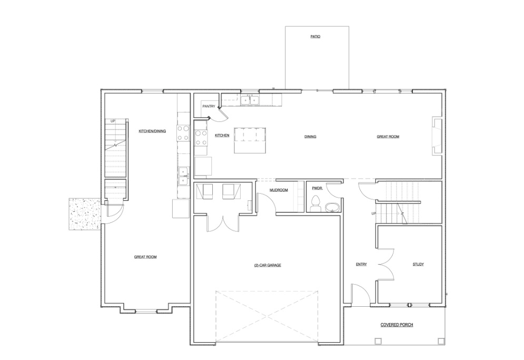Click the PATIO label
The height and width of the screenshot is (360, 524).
coord(315,37)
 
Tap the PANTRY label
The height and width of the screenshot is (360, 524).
coord(209,106)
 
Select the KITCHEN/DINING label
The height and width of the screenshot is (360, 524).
coord(152,131)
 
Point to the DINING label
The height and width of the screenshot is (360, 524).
coord(310,137)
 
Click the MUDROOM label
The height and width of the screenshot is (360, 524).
coord(279,190)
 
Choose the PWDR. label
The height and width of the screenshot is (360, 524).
coord(317,188)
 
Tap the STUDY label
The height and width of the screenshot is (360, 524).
coord(418,265)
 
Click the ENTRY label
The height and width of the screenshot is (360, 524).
coord(361,265)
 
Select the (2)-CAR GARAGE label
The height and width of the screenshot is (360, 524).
coord(268,265)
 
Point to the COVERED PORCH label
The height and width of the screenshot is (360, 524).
coord(397,325)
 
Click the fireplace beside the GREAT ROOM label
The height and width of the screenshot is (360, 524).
coord(436,137)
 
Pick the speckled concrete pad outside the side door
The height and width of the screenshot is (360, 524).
coord(84,214)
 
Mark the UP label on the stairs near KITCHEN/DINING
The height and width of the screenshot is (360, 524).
coord(113,121)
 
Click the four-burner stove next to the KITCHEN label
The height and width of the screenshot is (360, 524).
coord(201,138)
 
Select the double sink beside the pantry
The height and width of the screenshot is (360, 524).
coord(249,99)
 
